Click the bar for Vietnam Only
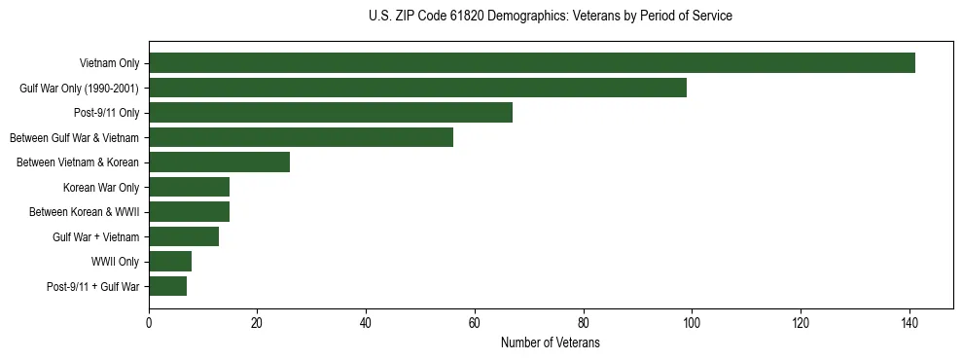[x=531, y=63]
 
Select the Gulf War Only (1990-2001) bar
[x=417, y=88]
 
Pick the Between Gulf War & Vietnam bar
[x=301, y=137]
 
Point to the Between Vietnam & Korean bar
[x=219, y=162]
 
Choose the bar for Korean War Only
[x=189, y=187]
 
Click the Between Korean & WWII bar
[x=189, y=212]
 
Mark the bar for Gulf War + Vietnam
[x=184, y=236]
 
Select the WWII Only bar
[x=170, y=262]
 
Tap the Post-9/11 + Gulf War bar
[x=167, y=286]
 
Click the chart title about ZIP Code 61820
[x=551, y=17]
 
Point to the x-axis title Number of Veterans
[x=551, y=343]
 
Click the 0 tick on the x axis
[x=149, y=324]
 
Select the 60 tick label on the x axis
[x=475, y=324]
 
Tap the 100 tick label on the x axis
[x=692, y=324]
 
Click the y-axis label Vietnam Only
[x=109, y=64]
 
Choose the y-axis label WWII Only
[x=115, y=262]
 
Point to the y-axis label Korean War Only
[x=101, y=188]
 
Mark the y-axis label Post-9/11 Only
[x=107, y=113]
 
